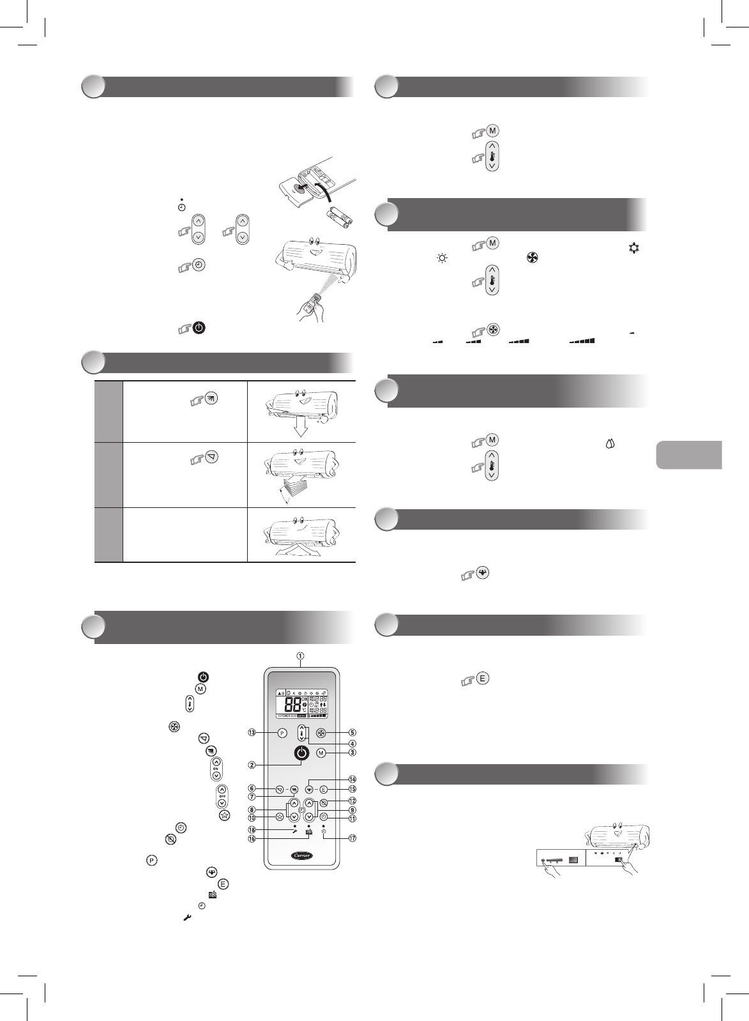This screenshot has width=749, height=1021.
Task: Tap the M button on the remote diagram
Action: coord(321,753)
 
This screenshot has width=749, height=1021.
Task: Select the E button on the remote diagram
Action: coord(323,789)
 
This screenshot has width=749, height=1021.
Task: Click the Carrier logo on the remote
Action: coord(303,854)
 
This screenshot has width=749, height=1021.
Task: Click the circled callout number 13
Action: coord(252,733)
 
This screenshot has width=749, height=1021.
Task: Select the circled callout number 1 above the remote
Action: coord(300,656)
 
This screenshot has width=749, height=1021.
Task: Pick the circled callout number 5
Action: coord(352,733)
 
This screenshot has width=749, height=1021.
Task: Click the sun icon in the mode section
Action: coord(441,259)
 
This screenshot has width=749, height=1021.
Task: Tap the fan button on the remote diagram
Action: coord(322,733)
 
